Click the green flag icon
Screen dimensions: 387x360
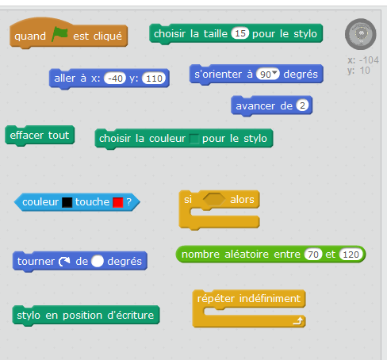coord(59,34)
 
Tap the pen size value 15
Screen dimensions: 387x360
coord(240,33)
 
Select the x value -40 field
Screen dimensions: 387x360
coord(115,79)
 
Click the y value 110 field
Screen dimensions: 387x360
coord(154,79)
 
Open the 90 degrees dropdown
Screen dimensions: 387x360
coord(275,72)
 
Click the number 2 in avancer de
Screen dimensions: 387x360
coord(302,105)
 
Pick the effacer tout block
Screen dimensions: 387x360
coord(40,136)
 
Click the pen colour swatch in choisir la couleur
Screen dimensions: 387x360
coord(193,139)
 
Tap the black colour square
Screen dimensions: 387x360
coord(67,202)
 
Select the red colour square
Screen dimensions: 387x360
coord(118,202)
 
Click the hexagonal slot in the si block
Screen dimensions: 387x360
coord(214,200)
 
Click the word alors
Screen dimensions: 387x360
coord(242,200)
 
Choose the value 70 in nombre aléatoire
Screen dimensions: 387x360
coord(313,255)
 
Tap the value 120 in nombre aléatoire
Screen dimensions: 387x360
coord(351,255)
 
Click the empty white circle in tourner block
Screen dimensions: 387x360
coord(98,262)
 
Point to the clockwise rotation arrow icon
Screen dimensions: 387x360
coord(64,262)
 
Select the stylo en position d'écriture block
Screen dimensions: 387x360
coord(86,316)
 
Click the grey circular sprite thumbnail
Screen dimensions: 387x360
coord(361,34)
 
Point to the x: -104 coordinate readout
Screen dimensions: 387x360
coord(363,60)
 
